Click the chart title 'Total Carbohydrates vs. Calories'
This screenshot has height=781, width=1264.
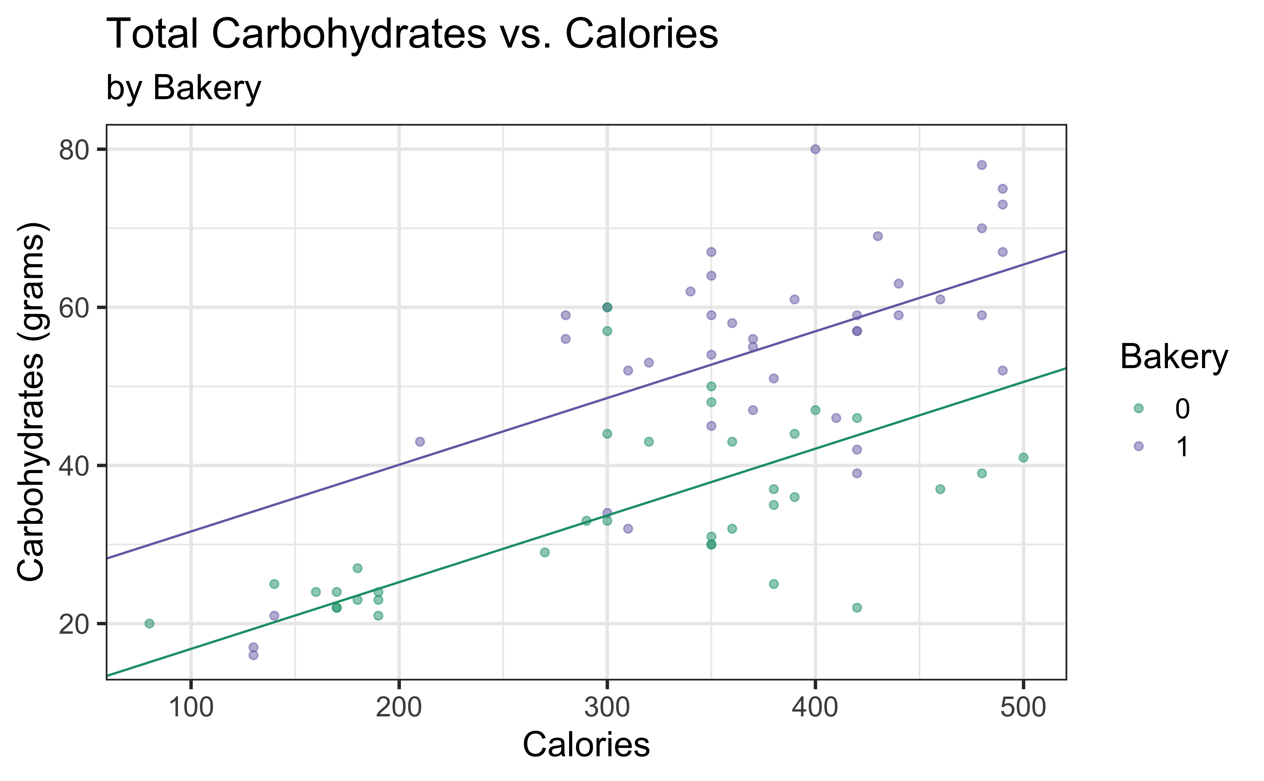tap(412, 34)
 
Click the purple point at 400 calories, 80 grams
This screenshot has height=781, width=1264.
tap(815, 149)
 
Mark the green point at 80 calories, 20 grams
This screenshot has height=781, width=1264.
tap(149, 624)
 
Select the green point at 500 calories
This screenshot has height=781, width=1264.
tap(1023, 458)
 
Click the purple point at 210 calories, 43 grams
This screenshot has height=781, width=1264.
tap(420, 442)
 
